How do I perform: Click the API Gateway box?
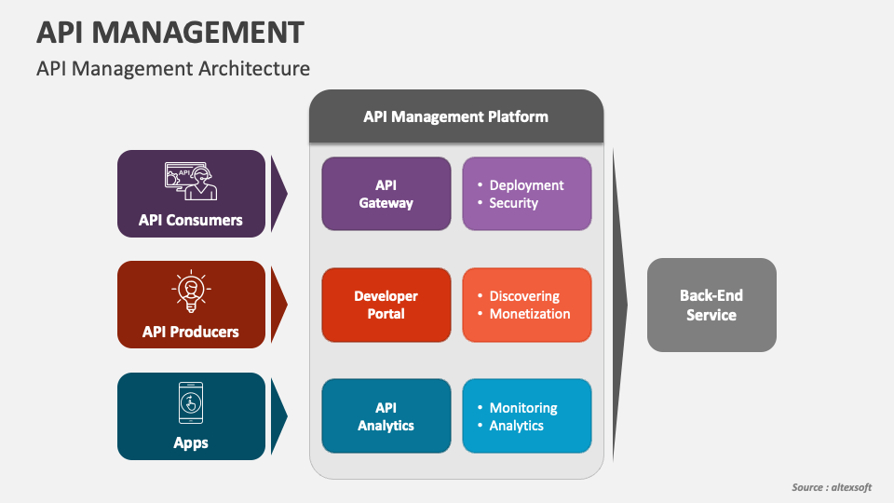(386, 194)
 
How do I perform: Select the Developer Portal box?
(386, 306)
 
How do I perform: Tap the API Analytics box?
(386, 416)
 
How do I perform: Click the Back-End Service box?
(711, 306)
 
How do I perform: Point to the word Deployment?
(526, 185)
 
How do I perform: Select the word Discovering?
(524, 296)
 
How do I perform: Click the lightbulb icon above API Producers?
(191, 291)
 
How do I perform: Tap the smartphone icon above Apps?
(191, 402)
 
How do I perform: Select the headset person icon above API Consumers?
(191, 182)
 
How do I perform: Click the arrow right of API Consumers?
(278, 194)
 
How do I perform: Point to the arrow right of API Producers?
(278, 305)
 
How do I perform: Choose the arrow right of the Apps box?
(278, 415)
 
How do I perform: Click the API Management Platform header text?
(455, 117)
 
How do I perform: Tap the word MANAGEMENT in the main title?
(197, 32)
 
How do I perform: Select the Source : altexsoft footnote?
(832, 487)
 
